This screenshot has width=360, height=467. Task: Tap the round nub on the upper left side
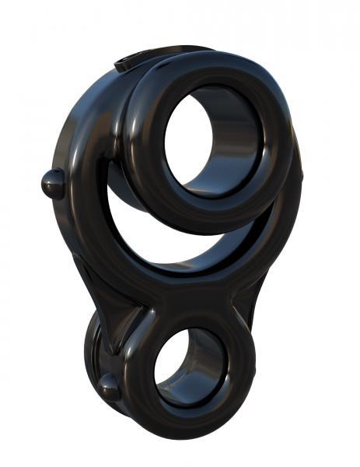pyautogui.click(x=52, y=183)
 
